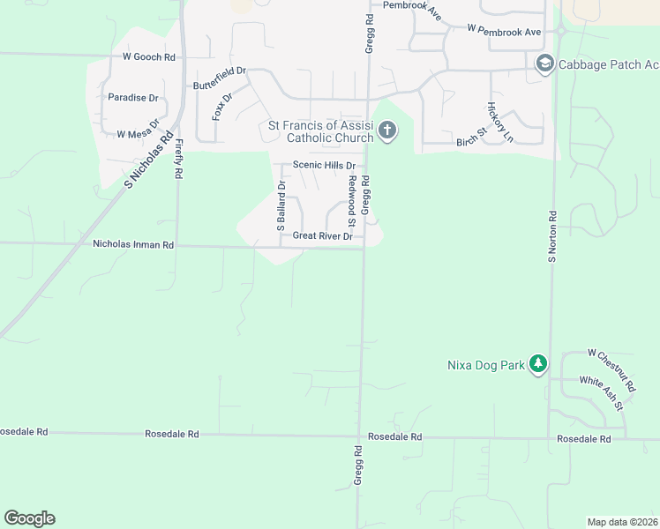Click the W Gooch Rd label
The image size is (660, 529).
[149, 57]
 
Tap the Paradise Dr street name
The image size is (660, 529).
[133, 98]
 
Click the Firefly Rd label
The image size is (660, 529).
[178, 159]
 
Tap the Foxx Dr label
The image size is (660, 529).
[221, 107]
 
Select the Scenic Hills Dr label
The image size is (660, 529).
[324, 166]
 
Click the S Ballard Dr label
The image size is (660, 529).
[282, 206]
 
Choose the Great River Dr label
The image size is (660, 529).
[322, 236]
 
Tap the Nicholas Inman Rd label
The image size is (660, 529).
[133, 244]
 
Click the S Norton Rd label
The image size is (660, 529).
[553, 236]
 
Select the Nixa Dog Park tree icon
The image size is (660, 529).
[538, 364]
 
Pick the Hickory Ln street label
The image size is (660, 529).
[499, 122]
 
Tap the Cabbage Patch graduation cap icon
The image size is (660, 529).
[544, 64]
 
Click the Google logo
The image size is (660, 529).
[29, 518]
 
